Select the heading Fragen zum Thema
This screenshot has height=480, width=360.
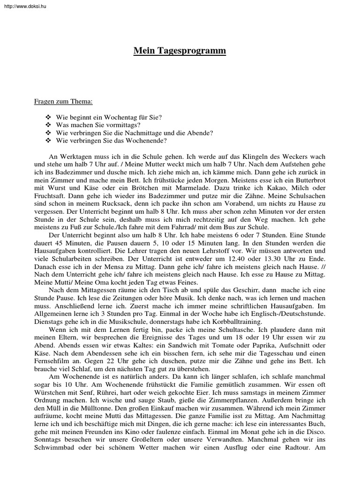coord(63,101)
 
